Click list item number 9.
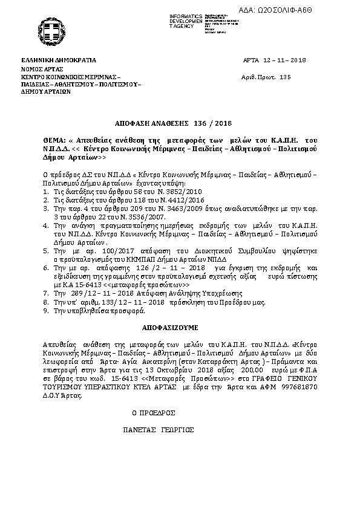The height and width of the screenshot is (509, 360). [x=45, y=311]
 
